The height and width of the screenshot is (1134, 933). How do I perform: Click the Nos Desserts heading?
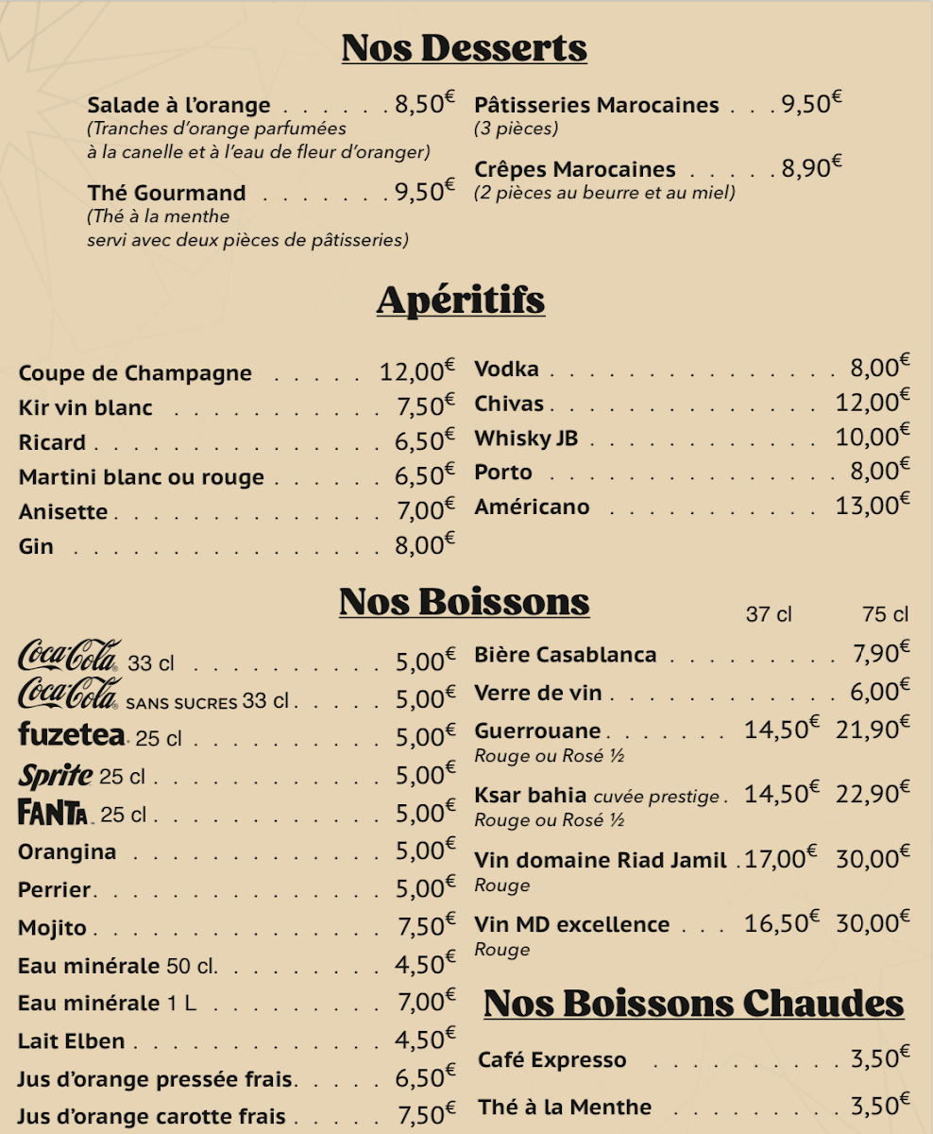pos(464,47)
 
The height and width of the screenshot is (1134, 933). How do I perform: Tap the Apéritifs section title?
pos(461,300)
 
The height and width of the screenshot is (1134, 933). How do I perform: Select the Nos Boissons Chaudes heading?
pos(693,1004)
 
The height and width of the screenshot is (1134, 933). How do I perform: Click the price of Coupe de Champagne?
pos(416,371)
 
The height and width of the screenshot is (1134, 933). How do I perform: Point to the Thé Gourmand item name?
pos(166,193)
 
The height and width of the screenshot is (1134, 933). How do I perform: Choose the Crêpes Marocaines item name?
pos(574,170)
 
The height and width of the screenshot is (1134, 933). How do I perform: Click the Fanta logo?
pos(53,813)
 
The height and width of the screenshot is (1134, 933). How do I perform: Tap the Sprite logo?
pos(55,776)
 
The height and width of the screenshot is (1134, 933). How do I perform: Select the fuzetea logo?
pos(71,734)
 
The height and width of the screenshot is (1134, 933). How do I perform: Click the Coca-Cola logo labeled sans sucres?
pos(69,695)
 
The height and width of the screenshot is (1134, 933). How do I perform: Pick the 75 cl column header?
pos(885,615)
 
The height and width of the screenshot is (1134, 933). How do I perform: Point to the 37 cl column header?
pos(769,615)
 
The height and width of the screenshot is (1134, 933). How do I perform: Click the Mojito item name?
pos(52,928)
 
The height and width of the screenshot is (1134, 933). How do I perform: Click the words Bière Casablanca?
pos(565,655)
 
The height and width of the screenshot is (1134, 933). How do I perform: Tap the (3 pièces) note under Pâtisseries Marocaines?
pos(516,129)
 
